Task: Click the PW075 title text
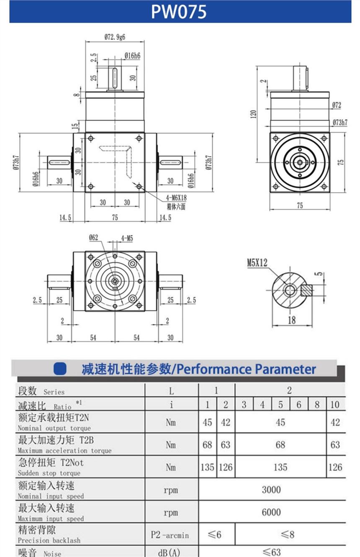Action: tap(179, 12)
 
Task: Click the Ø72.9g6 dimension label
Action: tap(115, 37)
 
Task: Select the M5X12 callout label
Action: tap(257, 263)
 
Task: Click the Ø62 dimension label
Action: tap(93, 238)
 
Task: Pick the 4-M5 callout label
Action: tap(127, 238)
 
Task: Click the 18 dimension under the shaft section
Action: tap(292, 320)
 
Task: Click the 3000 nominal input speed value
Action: tap(271, 490)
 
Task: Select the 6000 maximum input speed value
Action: tap(271, 512)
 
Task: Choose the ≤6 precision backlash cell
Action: tap(216, 534)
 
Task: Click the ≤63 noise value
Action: tap(271, 552)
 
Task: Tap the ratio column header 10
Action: tap(335, 405)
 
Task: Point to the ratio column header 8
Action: tap(317, 405)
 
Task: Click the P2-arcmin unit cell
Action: tap(170, 535)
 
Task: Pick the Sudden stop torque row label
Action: tap(49, 473)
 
